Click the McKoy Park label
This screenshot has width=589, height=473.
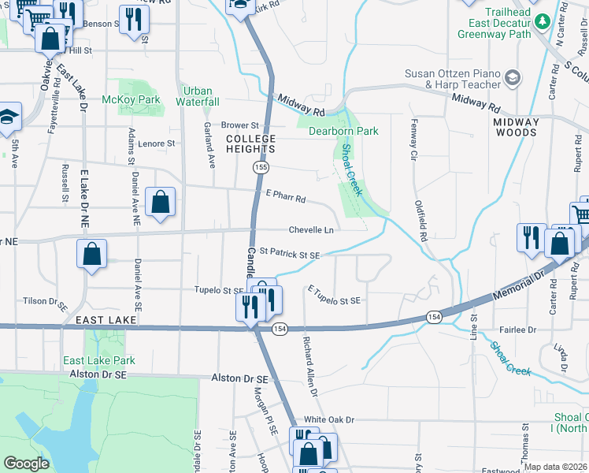(x=131, y=99)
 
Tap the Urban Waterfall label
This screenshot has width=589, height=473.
(x=197, y=96)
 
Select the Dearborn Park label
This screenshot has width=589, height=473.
(x=343, y=131)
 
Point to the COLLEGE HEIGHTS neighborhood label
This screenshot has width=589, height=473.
(x=251, y=143)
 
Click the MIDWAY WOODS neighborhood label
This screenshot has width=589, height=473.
(x=517, y=127)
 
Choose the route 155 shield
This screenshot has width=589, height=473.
(x=261, y=168)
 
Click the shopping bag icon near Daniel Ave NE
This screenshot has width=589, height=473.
(x=160, y=202)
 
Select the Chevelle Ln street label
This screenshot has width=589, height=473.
(x=311, y=230)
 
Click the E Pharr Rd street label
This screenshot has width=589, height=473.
(x=285, y=199)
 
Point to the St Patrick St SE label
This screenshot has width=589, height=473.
(x=290, y=254)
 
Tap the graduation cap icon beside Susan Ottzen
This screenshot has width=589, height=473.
(x=513, y=77)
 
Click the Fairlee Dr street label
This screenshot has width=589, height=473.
(x=518, y=330)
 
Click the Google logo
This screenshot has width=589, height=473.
(x=27, y=464)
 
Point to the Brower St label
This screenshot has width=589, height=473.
(x=240, y=125)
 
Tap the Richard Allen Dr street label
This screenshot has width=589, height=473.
(x=309, y=367)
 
